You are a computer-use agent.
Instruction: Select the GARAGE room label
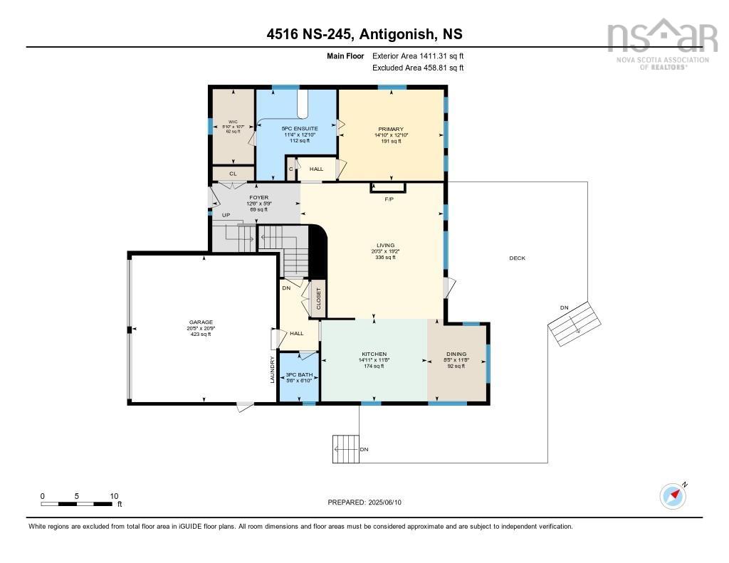[x=200, y=322]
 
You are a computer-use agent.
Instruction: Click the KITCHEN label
[x=374, y=354]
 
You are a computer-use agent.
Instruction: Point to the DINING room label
[x=456, y=354]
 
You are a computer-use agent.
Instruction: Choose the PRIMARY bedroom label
[x=390, y=130]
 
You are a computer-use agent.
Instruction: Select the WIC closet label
[x=233, y=122]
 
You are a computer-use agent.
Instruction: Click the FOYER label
[x=258, y=197]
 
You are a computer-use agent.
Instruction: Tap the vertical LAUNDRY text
[x=272, y=369]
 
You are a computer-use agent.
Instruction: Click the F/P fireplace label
[x=389, y=199]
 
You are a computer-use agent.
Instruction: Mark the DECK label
[x=517, y=258]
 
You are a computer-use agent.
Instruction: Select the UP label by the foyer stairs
[x=226, y=215]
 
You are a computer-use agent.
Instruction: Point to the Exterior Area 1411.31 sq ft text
[x=418, y=56]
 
